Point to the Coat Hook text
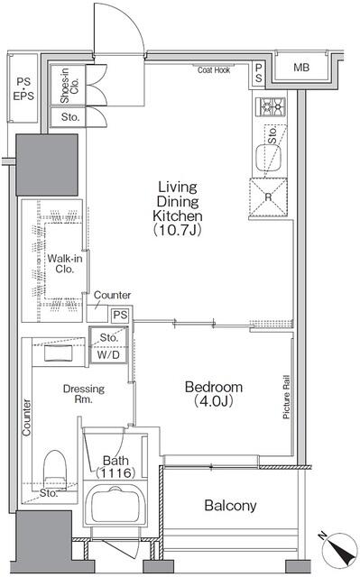[214, 69]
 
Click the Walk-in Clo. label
[60, 263]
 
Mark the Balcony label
[230, 506]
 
